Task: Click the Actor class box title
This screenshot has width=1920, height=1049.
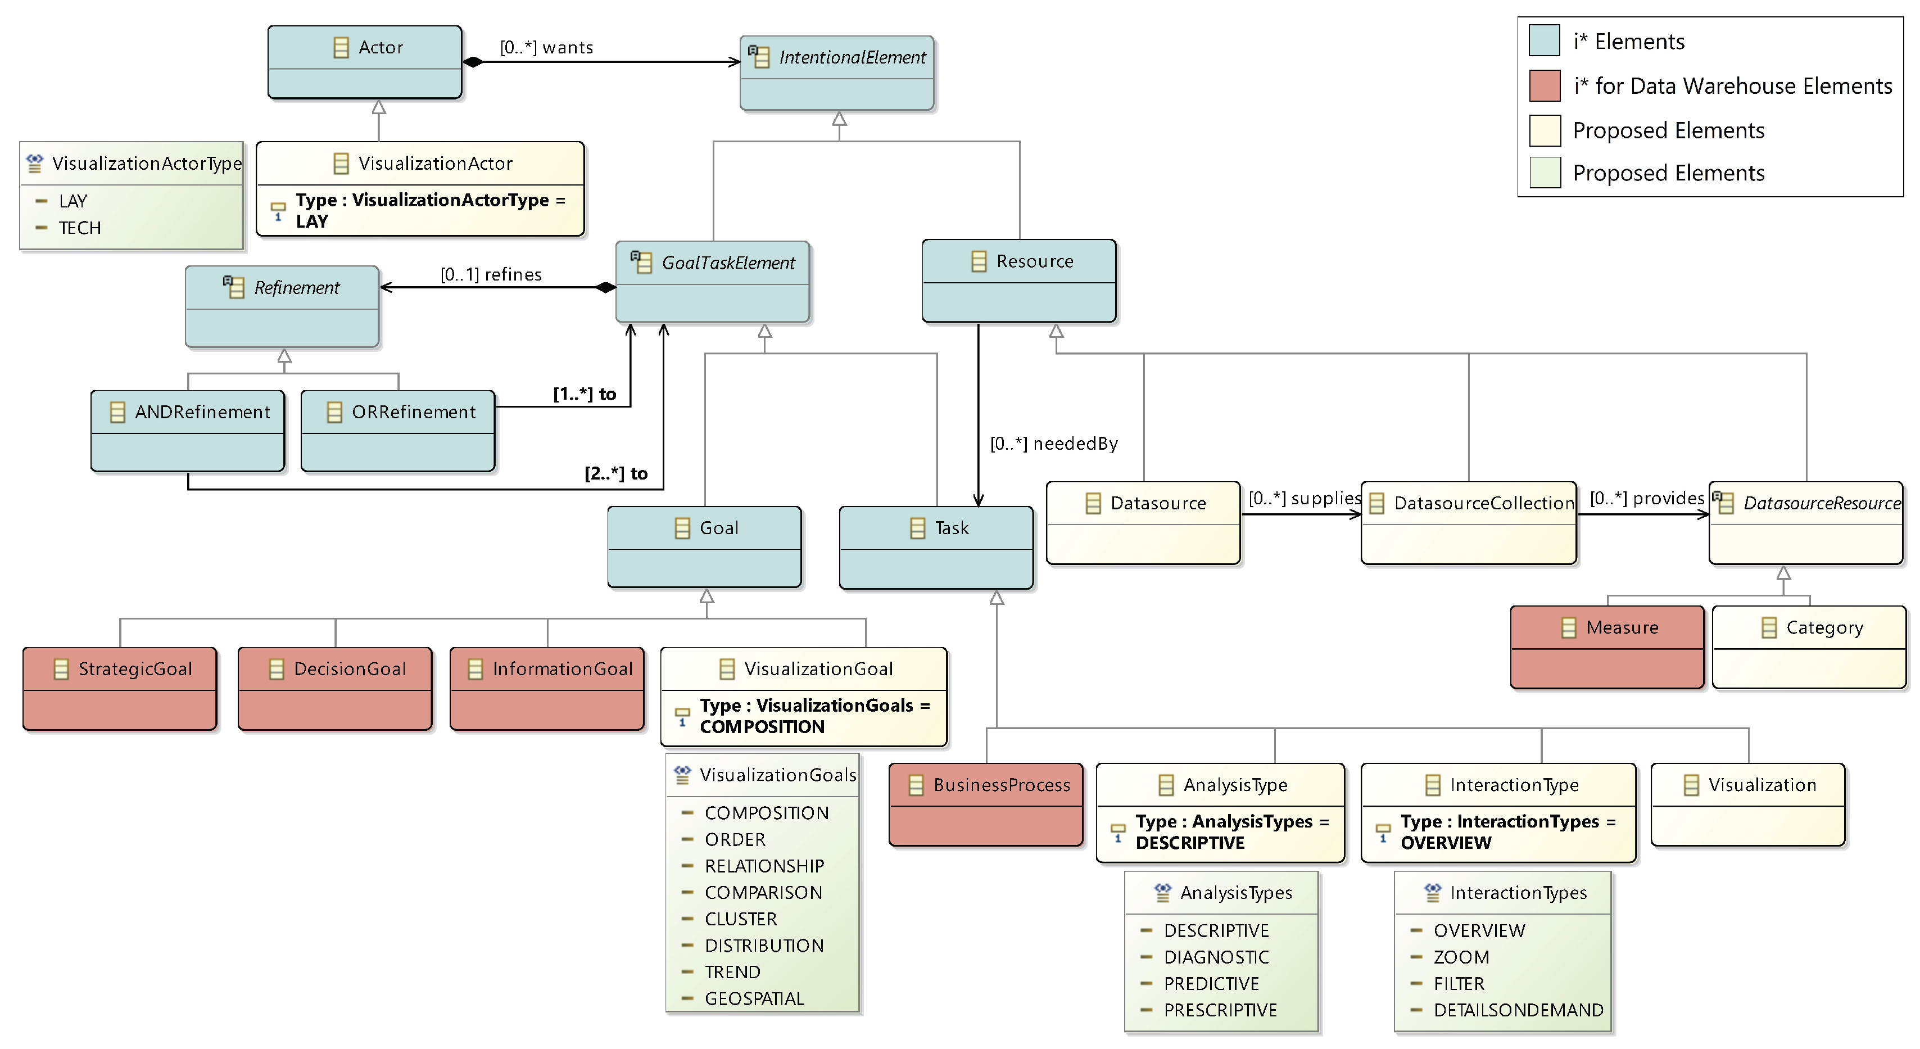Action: [x=380, y=48]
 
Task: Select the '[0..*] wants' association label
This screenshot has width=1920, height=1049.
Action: [x=546, y=48]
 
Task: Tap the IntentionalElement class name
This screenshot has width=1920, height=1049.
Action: [x=852, y=57]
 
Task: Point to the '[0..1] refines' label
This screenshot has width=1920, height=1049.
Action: [x=491, y=274]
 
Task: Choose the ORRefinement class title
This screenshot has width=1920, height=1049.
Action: [x=413, y=412]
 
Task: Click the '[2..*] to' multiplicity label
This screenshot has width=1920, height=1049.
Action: [x=615, y=473]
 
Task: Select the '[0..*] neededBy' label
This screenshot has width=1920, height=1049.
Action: [x=1053, y=444]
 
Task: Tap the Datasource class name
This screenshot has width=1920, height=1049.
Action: [x=1157, y=503]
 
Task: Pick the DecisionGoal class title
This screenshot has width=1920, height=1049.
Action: [x=350, y=669]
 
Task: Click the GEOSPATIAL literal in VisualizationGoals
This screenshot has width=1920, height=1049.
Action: [x=754, y=998]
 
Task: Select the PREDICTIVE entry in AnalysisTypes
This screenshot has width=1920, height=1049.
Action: [x=1211, y=983]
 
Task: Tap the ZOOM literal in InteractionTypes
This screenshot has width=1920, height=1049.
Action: [x=1461, y=957]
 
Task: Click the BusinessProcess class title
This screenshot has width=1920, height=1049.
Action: [x=1001, y=785]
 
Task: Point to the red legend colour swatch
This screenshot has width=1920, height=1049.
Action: [x=1545, y=86]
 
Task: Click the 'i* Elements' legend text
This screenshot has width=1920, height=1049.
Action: [x=1629, y=42]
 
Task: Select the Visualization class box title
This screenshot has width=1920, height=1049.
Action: [x=1762, y=785]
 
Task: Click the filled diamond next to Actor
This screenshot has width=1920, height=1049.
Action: [x=473, y=62]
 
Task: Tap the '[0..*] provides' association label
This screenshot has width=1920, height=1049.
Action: [x=1646, y=498]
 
